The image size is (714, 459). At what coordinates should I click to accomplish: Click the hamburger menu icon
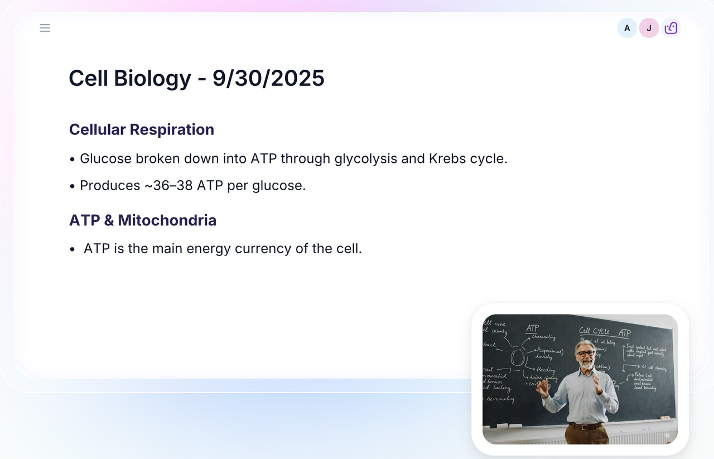point(45,28)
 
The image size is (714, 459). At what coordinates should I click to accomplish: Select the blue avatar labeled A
point(627,28)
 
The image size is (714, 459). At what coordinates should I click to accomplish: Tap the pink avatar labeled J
point(649,28)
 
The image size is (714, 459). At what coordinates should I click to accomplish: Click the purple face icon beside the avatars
point(671,28)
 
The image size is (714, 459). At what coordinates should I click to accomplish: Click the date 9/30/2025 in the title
point(268,78)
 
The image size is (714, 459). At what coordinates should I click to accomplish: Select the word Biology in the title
point(152,78)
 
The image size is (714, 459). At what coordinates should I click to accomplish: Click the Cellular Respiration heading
point(142,129)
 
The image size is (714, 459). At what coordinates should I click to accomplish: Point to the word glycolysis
point(365,158)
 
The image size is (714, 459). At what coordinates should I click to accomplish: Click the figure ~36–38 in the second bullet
point(168,185)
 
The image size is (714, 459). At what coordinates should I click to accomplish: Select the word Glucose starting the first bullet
point(105,158)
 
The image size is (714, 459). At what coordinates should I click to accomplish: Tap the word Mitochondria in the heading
point(167,220)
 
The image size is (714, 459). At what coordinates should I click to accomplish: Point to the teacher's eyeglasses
point(585,354)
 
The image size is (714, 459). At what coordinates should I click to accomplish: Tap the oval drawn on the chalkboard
point(518,357)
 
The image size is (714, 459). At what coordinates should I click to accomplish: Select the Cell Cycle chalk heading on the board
point(594,331)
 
